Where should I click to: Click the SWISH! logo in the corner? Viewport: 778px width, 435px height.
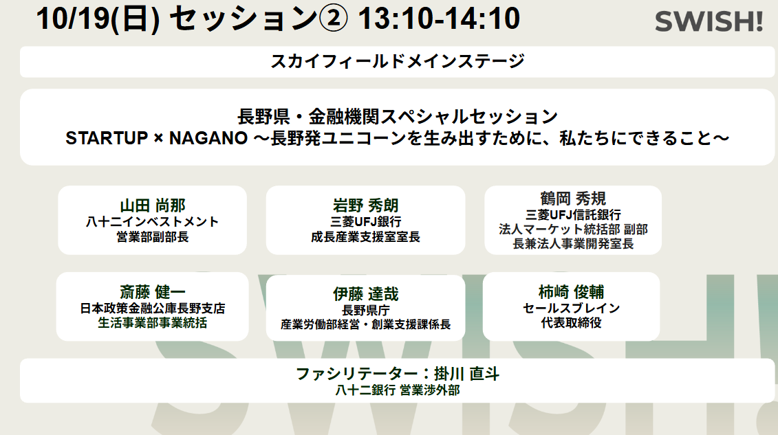(x=709, y=22)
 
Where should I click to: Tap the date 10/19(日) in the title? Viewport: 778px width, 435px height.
(x=98, y=19)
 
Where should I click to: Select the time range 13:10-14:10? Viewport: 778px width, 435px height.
(x=439, y=19)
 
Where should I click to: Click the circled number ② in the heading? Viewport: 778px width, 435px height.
(x=333, y=19)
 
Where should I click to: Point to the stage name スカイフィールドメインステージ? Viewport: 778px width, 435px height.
(x=397, y=61)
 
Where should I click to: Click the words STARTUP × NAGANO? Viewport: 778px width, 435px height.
(x=156, y=138)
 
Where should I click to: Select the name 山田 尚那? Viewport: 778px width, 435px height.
(x=152, y=205)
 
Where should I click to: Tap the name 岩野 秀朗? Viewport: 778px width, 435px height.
(x=366, y=205)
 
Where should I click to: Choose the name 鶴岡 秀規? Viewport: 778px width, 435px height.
(x=573, y=199)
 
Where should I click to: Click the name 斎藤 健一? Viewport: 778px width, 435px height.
(x=152, y=292)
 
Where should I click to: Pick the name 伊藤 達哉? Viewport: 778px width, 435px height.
(x=366, y=294)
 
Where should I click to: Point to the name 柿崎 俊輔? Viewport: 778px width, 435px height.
(x=571, y=292)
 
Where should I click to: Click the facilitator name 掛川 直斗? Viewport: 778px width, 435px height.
(x=466, y=374)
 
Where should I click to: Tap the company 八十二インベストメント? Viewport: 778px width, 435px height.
(x=152, y=222)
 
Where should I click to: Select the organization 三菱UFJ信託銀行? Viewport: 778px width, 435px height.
(x=573, y=215)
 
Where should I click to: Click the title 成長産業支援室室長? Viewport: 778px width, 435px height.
(x=366, y=237)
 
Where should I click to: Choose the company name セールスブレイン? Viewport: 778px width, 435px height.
(x=571, y=308)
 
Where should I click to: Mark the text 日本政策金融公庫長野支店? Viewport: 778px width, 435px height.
(x=152, y=309)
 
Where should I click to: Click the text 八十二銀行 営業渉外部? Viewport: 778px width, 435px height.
(x=398, y=390)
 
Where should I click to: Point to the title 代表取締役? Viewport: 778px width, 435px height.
(x=571, y=323)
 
